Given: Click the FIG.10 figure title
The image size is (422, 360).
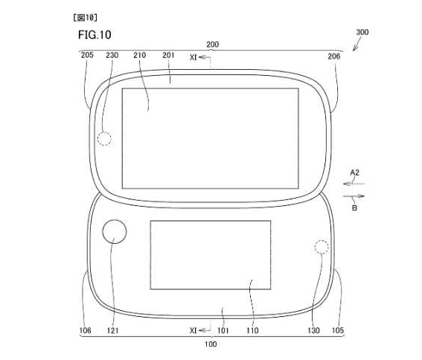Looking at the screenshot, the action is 95,35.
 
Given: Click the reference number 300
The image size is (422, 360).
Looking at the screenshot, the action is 362,32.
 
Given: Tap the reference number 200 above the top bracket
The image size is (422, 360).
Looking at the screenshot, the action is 212,45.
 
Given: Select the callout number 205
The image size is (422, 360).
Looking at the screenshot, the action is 87,55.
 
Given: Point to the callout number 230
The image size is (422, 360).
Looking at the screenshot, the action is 112,55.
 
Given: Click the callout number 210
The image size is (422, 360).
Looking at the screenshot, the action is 139,55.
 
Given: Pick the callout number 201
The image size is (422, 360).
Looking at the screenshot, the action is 168,55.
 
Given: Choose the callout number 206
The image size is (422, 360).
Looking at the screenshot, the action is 333,57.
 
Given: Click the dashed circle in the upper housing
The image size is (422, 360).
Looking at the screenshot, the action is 104,132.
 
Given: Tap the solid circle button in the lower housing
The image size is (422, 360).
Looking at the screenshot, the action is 115,220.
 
